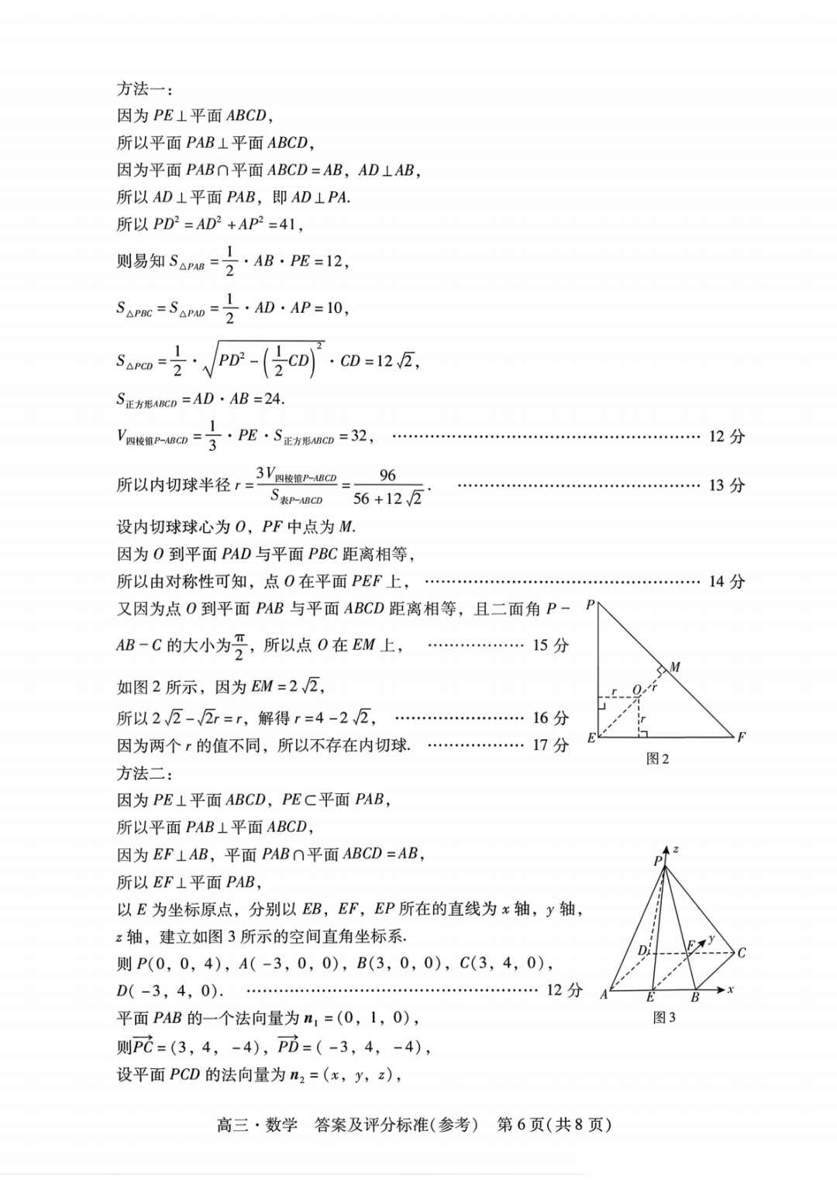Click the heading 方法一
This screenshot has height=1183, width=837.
pos(145,88)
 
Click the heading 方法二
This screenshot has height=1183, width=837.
pos(145,772)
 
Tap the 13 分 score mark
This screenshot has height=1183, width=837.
pos(726,486)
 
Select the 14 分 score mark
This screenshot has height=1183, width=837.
pos(726,582)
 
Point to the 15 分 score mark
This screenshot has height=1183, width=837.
pos(550,645)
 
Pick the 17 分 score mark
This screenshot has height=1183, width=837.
pos(550,745)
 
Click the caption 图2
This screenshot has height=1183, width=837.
pos(657,759)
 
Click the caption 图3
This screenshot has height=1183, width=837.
pos(664,1017)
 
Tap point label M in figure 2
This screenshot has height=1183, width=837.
pos(675,667)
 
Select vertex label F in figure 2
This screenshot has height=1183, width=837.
pos(742,738)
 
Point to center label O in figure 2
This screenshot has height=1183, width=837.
pos(637,689)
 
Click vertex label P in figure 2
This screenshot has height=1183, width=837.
pos(591,605)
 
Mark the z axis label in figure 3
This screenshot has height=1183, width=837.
pos(676,849)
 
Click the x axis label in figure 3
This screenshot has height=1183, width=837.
pos(731,989)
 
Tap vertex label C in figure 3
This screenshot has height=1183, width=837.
pos(742,953)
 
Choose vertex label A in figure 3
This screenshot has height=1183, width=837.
pos(604,994)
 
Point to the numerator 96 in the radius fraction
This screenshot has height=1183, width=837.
pos(387,475)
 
